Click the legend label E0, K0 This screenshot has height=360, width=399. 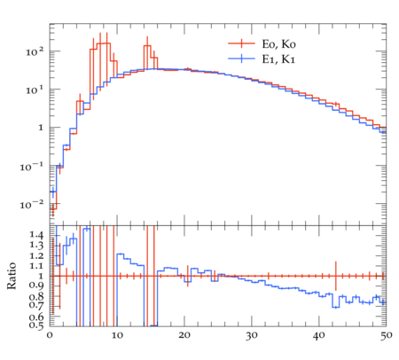278,44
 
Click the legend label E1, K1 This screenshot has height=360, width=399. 278,59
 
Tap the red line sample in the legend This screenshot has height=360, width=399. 241,43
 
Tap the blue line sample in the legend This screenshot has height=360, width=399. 241,59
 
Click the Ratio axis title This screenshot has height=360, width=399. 12,276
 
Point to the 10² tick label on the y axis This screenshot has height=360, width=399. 35,51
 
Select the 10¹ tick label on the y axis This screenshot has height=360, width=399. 35,90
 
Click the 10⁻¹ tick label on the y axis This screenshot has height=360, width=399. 32,167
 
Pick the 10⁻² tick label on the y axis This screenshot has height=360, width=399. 32,204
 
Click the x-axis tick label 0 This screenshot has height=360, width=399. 50,335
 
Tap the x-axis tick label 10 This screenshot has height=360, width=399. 117,335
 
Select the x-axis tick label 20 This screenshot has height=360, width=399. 184,335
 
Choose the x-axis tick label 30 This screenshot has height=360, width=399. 252,336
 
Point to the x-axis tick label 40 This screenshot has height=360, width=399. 319,335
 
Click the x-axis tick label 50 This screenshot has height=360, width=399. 386,336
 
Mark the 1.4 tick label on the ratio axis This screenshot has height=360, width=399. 36,235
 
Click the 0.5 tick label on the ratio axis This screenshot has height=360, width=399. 36,325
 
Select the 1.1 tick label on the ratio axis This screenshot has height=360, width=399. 36,266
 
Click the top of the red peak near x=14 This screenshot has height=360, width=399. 147,45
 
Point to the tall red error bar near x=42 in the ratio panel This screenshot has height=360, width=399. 336,276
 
